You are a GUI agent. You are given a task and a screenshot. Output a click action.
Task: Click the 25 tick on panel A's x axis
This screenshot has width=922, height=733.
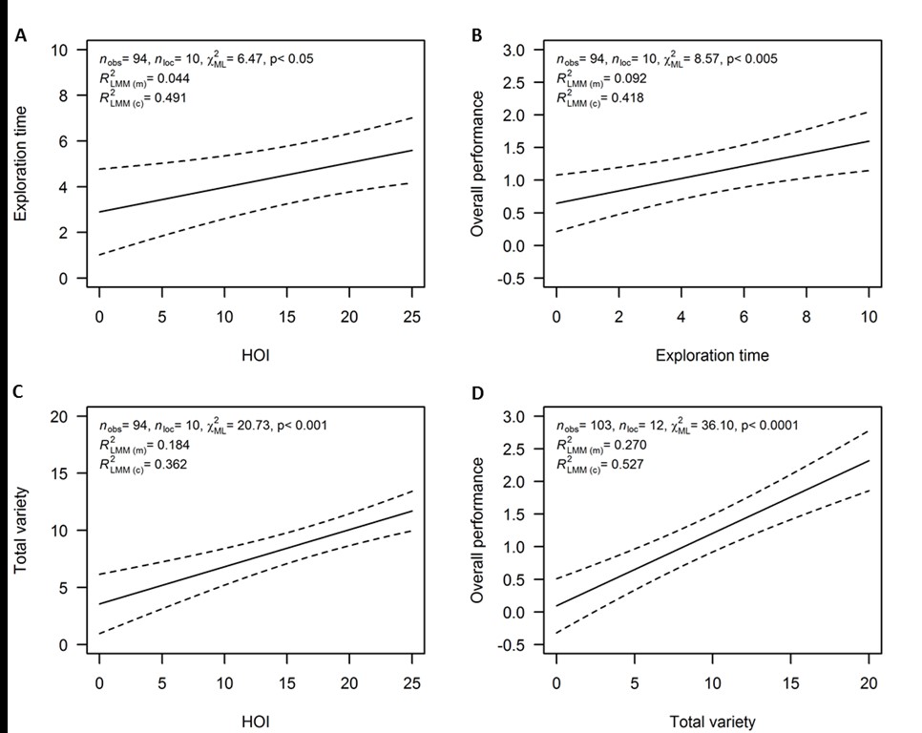click(x=410, y=317)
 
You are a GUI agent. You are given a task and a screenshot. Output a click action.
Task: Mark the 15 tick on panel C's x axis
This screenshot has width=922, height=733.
click(x=286, y=683)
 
